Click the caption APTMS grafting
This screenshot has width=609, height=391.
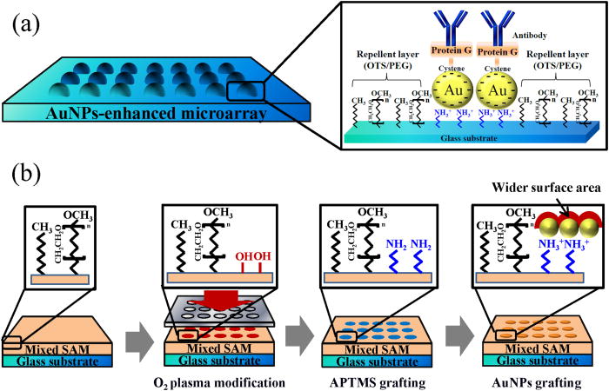point(373,380)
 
